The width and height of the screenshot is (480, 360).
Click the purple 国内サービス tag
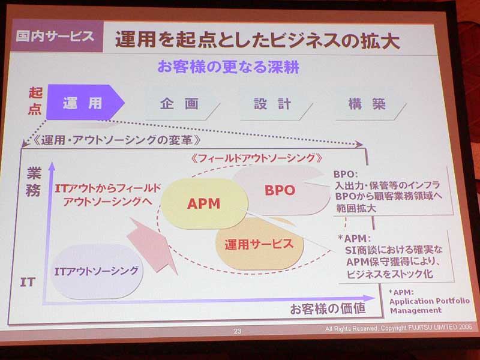(56, 36)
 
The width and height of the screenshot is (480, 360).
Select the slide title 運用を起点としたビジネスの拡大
(257, 40)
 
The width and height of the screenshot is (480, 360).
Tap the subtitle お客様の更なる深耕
(229, 67)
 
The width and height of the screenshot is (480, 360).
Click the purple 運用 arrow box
(85, 102)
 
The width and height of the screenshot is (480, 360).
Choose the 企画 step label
(179, 104)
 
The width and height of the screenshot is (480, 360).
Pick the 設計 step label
(272, 104)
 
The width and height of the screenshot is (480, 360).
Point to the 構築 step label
(367, 104)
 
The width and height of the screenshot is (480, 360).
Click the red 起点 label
(35, 101)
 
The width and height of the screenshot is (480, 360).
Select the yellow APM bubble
(204, 203)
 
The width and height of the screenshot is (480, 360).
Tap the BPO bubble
(280, 190)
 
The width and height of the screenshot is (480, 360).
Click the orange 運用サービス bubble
(260, 244)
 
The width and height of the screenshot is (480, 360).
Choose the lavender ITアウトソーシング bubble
(96, 271)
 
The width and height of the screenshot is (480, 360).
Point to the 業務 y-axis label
(34, 182)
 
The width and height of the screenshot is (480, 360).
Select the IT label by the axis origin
(28, 282)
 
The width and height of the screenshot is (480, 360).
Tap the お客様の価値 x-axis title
(328, 308)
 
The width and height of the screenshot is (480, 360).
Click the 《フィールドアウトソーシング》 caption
(256, 158)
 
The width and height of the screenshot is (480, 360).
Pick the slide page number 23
(237, 331)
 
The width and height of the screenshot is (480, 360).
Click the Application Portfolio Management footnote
(430, 302)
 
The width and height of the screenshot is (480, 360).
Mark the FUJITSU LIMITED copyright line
(398, 328)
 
